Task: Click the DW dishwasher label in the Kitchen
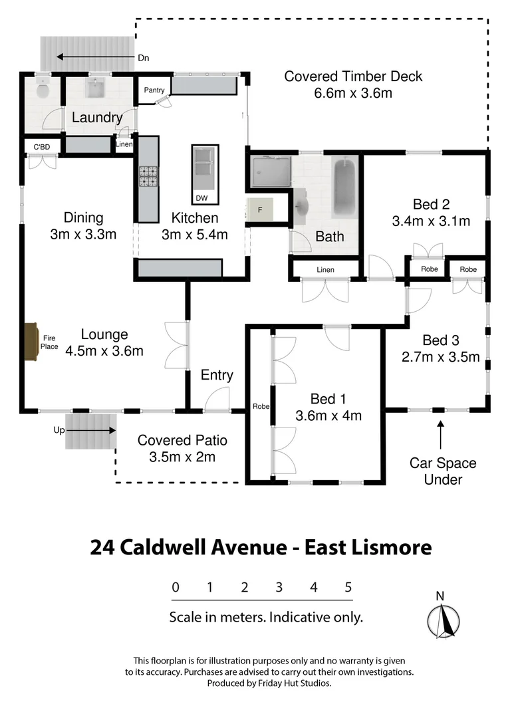pos(201,198)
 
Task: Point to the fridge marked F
pos(259,210)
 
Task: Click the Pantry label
pos(154,90)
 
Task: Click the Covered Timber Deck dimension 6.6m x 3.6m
pos(352,93)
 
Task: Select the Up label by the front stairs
pos(59,430)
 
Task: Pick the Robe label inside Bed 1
pos(259,406)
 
